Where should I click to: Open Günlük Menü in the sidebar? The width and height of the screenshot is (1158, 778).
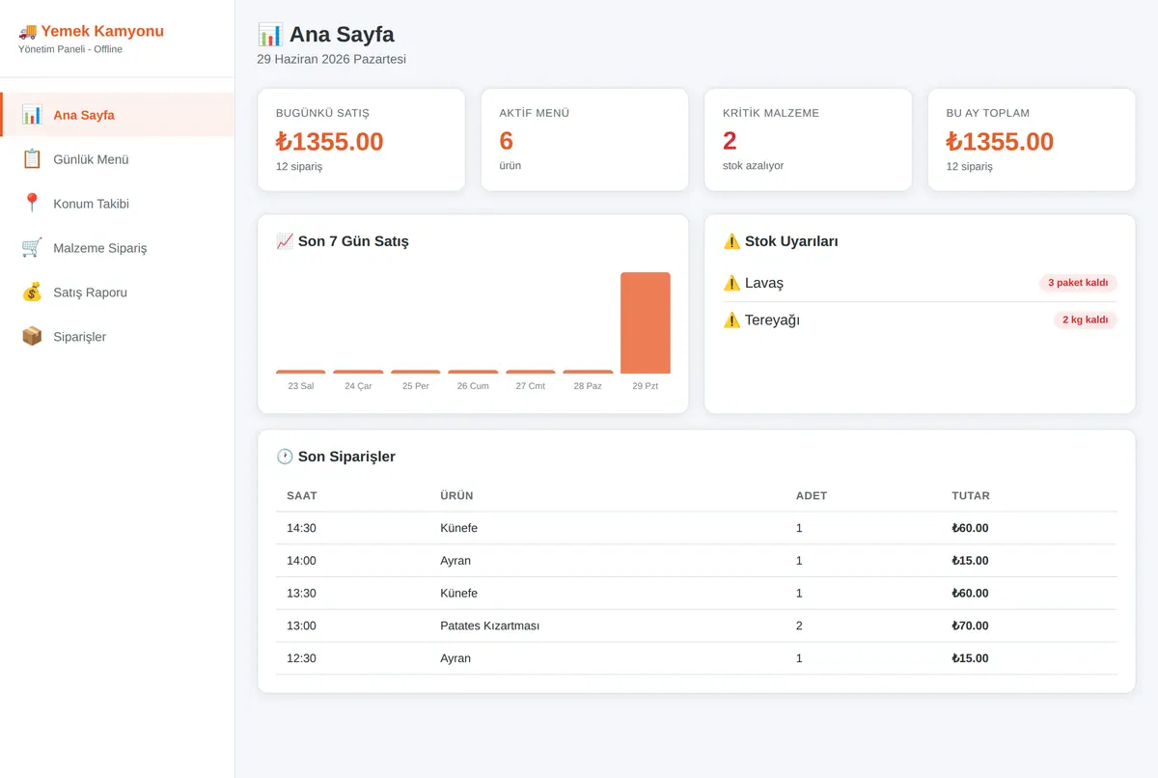(x=91, y=159)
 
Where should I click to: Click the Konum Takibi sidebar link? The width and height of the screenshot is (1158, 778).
(x=91, y=204)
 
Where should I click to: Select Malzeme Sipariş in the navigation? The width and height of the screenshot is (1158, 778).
(x=99, y=248)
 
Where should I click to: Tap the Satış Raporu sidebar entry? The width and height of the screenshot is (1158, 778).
(x=90, y=292)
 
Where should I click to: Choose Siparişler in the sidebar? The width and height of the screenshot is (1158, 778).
(x=79, y=337)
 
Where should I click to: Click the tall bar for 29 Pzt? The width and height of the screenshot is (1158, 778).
(x=646, y=322)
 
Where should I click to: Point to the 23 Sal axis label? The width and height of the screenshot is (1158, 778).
(x=301, y=386)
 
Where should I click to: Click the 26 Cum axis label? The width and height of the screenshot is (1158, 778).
(x=473, y=386)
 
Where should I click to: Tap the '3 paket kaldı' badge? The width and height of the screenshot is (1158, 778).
(x=1078, y=283)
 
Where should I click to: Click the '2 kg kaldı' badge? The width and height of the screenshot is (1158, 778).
(x=1085, y=320)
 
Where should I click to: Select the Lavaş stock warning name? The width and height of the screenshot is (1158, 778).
(x=764, y=283)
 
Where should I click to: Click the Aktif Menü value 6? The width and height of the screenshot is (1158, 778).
(x=506, y=141)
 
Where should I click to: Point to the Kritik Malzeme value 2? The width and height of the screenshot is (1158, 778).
(x=730, y=141)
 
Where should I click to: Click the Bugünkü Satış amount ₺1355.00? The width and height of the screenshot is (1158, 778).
(x=329, y=142)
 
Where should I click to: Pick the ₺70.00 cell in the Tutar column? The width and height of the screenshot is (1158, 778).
(x=970, y=625)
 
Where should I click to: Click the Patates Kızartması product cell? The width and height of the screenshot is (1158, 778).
(x=489, y=625)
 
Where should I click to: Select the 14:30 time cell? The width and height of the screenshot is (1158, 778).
(x=301, y=528)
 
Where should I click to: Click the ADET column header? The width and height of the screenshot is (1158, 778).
(x=812, y=496)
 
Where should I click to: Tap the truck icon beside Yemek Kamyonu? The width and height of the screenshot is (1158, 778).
(x=28, y=32)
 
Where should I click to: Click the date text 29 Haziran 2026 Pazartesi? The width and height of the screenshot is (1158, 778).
(x=331, y=59)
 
